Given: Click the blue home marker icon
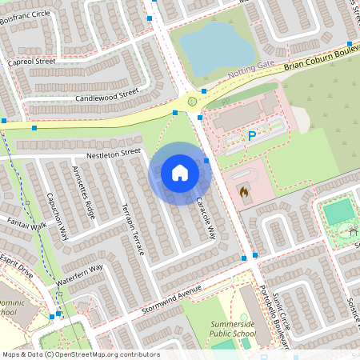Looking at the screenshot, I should (x=180, y=173).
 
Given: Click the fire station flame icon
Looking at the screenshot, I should (x=244, y=192).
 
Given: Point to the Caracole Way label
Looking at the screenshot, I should (x=206, y=217).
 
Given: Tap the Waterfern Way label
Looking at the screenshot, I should (x=79, y=275).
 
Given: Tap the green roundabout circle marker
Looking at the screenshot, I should (x=192, y=102).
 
